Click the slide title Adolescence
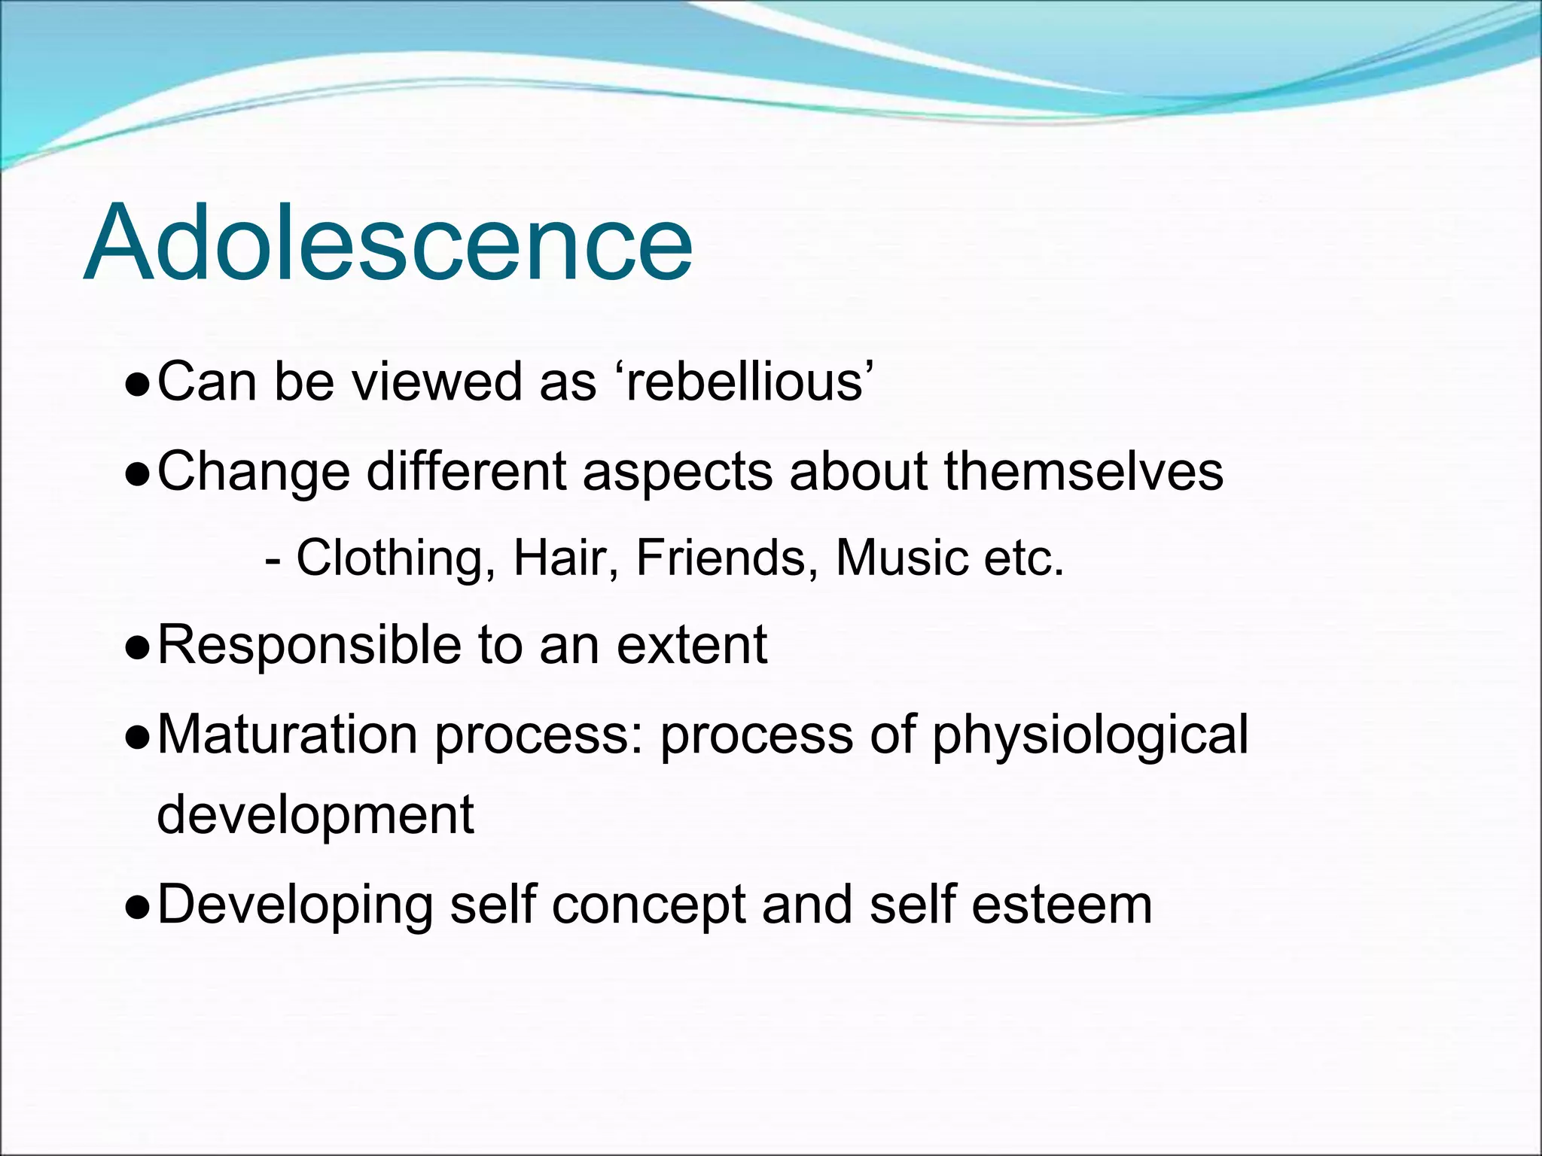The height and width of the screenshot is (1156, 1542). pos(388,242)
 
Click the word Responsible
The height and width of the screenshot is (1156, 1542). pos(309,646)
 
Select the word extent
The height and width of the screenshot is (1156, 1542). pos(692,646)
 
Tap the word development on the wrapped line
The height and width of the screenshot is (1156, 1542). pos(315,816)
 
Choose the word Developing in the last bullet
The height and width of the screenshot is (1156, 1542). pos(295,905)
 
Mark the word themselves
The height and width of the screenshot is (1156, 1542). pos(1083,472)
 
